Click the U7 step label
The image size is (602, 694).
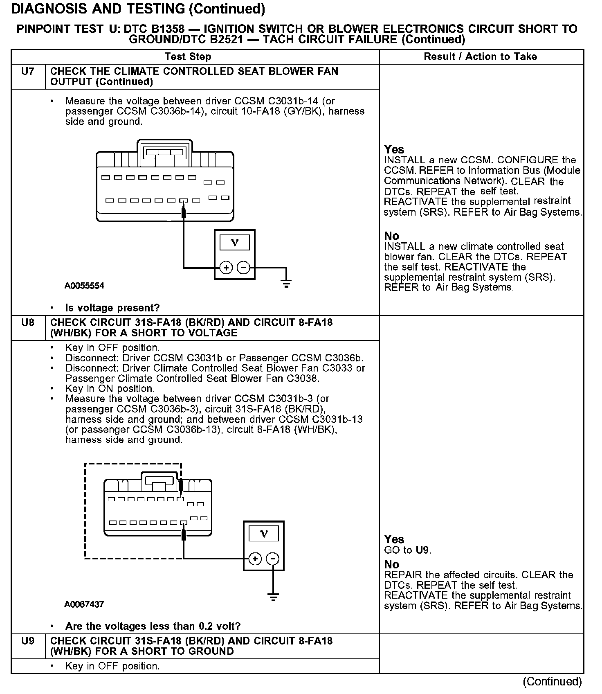point(28,72)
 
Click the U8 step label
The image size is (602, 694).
point(28,323)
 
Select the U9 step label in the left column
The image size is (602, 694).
point(28,641)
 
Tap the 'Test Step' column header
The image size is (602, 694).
point(188,57)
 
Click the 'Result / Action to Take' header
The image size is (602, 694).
point(480,57)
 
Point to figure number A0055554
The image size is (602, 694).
point(84,286)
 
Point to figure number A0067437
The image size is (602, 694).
point(84,604)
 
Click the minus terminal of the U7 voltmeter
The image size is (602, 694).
point(243,268)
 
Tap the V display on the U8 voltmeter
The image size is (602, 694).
point(264,534)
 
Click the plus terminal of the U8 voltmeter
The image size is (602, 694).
point(255,559)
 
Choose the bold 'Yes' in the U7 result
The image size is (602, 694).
point(394,150)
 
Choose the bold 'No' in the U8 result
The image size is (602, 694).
point(391,565)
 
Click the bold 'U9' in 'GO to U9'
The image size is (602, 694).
point(423,550)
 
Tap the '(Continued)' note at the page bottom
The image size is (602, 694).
point(552,681)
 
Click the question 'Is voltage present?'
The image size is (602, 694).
point(112,308)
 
